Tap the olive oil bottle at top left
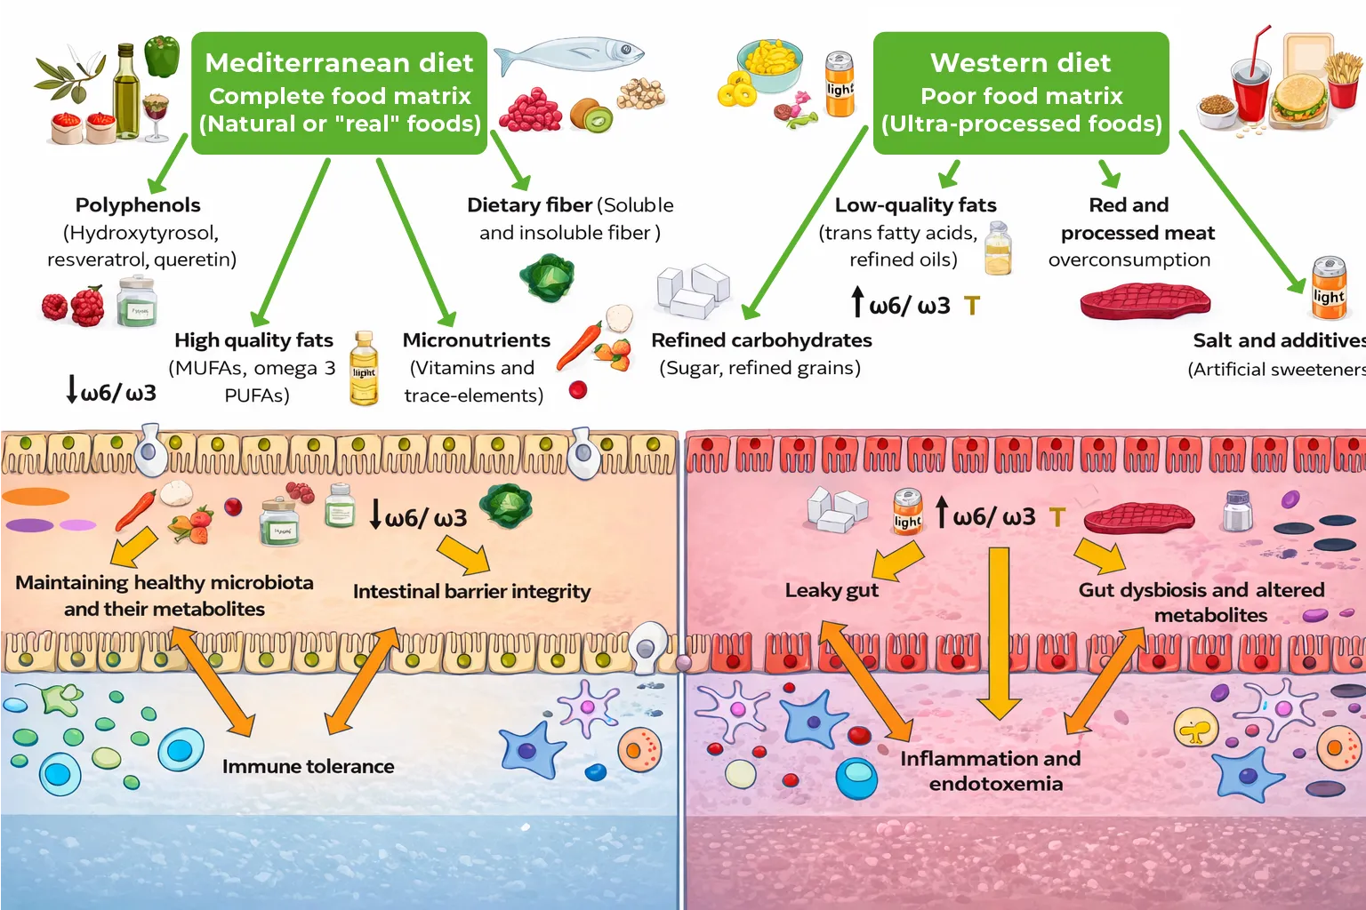click(x=126, y=93)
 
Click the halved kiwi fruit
click(x=591, y=115)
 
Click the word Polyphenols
click(x=138, y=205)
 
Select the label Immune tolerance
click(x=308, y=766)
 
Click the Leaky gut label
click(x=832, y=590)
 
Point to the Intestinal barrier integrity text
click(x=471, y=592)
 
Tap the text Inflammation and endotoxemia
click(x=992, y=770)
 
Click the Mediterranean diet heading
click(x=339, y=63)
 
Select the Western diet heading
click(x=1021, y=63)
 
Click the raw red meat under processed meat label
click(x=1145, y=301)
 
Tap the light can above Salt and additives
click(x=1329, y=288)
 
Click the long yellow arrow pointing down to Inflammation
click(x=1000, y=631)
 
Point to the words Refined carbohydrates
click(x=761, y=340)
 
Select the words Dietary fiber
click(x=530, y=205)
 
